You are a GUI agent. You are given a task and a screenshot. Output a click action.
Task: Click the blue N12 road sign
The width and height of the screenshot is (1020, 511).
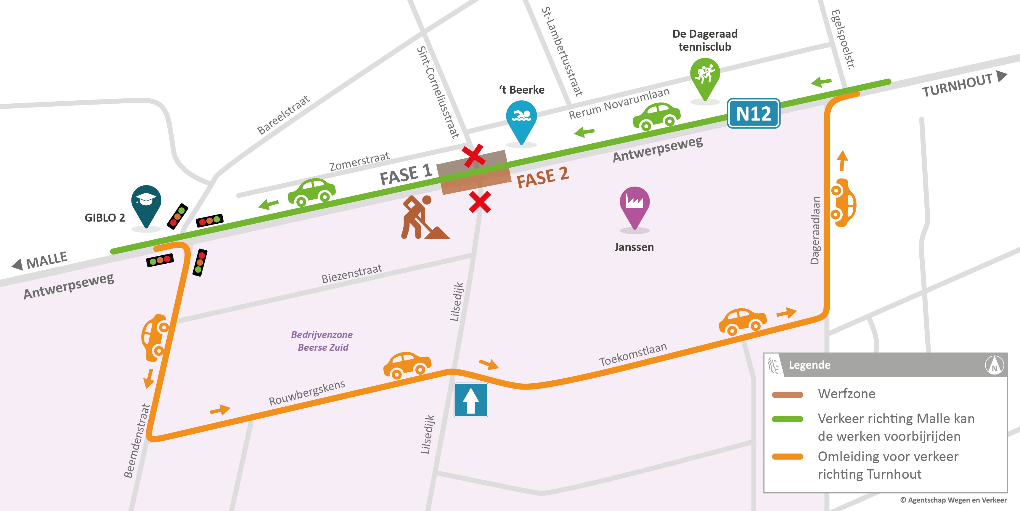pyautogui.click(x=754, y=114)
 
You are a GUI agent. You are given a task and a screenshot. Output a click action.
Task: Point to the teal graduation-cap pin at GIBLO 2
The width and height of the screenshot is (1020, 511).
pyautogui.click(x=146, y=202)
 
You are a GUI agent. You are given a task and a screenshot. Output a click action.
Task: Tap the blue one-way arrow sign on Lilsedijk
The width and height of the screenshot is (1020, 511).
pyautogui.click(x=471, y=400)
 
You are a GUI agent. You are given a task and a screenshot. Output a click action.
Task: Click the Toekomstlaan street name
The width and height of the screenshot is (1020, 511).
pyautogui.click(x=633, y=355)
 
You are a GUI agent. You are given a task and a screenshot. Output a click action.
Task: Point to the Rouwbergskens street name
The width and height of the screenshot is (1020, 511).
pyautogui.click(x=307, y=393)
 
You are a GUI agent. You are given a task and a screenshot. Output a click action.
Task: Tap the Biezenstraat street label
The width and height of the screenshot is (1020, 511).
pyautogui.click(x=352, y=274)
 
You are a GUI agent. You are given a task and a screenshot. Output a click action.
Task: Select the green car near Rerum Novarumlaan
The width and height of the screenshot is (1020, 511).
pyautogui.click(x=656, y=116)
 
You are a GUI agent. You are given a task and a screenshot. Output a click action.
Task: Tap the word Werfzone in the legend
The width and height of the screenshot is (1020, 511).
pyautogui.click(x=846, y=394)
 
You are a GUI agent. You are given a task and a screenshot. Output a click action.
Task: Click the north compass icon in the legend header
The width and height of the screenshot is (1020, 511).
pyautogui.click(x=994, y=365)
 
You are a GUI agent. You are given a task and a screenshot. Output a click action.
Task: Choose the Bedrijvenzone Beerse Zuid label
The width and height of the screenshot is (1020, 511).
pyautogui.click(x=322, y=341)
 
